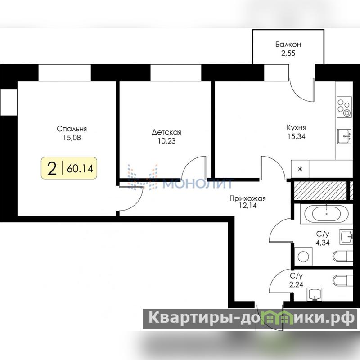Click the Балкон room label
point(288,44)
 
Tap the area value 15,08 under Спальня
point(72,138)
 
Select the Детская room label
point(166,132)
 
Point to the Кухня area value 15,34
point(297,136)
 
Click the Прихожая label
point(248,198)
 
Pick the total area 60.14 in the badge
point(80,169)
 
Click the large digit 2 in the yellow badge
point(52,168)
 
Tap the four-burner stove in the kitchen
point(344,107)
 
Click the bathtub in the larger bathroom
point(327,214)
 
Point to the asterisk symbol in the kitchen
point(300,170)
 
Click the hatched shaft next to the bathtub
point(320,190)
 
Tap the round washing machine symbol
point(303,256)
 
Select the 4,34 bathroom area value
point(323,243)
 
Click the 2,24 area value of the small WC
point(297,285)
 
